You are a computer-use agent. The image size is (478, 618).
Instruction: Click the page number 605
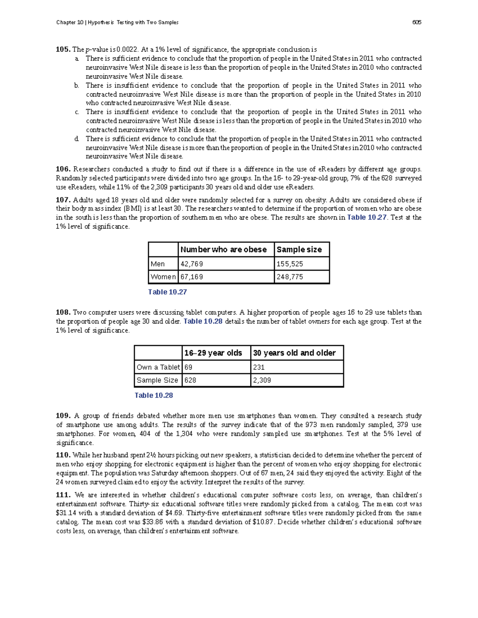pos(417,22)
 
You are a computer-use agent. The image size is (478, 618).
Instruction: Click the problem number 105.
pos(63,49)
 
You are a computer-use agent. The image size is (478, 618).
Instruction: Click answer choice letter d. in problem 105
pos(76,139)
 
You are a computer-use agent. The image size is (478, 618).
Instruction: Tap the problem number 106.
pos(63,169)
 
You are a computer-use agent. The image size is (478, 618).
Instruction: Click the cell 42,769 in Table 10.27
pos(192,264)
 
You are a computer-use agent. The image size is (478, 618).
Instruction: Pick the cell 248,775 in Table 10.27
pos(290,277)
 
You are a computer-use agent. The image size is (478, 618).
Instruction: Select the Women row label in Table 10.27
pos(163,277)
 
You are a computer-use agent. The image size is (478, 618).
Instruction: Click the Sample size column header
pos(299,250)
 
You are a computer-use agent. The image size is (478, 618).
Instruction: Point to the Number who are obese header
pos(223,250)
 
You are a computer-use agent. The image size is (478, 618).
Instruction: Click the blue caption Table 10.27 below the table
pos(167,292)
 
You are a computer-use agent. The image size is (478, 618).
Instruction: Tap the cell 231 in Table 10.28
pos(259,367)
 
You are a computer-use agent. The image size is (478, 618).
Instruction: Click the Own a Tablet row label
pos(158,367)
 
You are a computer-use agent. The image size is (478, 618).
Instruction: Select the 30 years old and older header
pos(294,353)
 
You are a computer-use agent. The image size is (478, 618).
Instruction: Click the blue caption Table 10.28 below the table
pos(154,396)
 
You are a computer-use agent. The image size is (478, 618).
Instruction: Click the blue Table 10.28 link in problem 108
pos(203,322)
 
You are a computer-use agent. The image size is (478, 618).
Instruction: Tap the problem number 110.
pos(63,455)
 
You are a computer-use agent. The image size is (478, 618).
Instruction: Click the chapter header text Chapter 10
pos(70,22)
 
